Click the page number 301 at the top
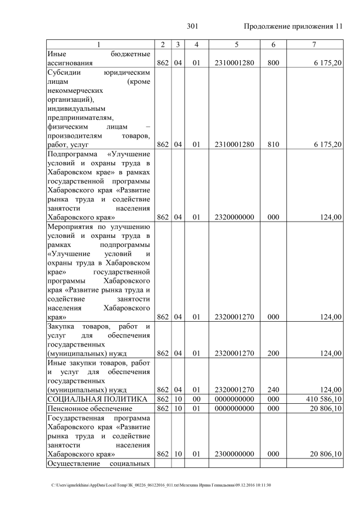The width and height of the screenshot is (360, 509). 193,26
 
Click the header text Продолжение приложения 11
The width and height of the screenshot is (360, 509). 293,26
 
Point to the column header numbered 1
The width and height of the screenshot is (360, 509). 98,44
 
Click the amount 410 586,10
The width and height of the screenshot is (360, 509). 322,399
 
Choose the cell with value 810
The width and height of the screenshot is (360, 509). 273,145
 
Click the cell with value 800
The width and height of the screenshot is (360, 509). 273,64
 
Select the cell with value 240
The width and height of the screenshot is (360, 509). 273,389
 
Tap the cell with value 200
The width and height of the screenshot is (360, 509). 273,353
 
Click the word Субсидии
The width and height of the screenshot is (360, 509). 64,73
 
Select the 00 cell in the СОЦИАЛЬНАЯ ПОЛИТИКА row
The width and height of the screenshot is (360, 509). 196,399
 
